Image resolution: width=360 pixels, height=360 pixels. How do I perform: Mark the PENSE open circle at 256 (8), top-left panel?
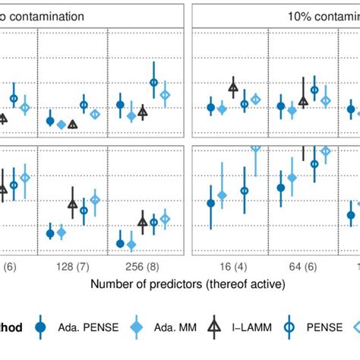153,83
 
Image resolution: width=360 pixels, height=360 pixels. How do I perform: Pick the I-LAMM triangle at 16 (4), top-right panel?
233,87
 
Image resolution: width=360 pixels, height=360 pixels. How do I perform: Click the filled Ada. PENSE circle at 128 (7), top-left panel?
50,121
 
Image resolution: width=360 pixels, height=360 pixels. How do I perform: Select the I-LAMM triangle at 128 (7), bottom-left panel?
72,204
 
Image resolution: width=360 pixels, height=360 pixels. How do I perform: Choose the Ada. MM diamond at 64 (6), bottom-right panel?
292,178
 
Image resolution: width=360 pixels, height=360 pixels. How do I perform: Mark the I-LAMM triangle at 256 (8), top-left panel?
142,112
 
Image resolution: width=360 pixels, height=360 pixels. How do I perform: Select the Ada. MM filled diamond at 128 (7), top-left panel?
61,125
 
